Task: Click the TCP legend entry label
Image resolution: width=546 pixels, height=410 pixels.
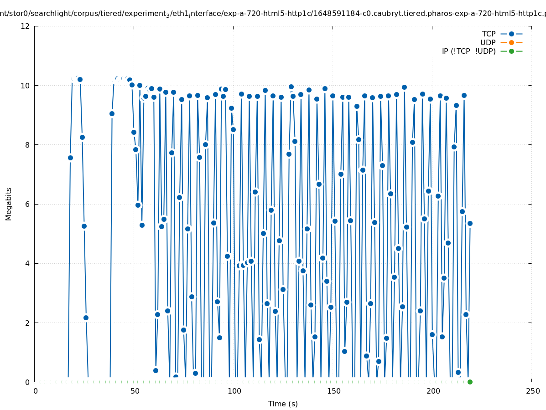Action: click(x=489, y=34)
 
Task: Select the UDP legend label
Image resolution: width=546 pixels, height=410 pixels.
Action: click(x=488, y=43)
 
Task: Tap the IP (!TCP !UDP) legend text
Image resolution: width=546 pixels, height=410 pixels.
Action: click(x=468, y=51)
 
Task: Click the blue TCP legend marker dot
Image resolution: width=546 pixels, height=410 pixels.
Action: click(x=511, y=34)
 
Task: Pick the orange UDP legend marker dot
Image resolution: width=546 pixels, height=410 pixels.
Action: click(x=511, y=43)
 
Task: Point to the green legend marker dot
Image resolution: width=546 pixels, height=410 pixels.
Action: click(x=511, y=51)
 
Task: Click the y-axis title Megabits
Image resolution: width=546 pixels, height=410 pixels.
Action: click(x=9, y=204)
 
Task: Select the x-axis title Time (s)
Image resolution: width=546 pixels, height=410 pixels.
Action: click(x=283, y=404)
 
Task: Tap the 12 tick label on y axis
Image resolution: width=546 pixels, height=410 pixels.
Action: click(x=26, y=26)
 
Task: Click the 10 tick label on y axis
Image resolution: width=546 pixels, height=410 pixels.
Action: click(x=26, y=86)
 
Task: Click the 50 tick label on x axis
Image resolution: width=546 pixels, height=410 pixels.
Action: click(x=135, y=391)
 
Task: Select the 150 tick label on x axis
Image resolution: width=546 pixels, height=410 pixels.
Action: click(x=333, y=391)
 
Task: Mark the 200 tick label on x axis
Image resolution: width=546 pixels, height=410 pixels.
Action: click(x=433, y=391)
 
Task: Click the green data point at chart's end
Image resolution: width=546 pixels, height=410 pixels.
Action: click(x=470, y=382)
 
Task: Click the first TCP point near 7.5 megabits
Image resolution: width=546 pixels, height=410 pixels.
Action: click(x=70, y=158)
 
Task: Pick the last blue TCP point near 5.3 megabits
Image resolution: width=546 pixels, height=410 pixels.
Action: click(x=470, y=223)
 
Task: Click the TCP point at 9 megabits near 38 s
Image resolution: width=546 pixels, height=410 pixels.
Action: click(x=112, y=113)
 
